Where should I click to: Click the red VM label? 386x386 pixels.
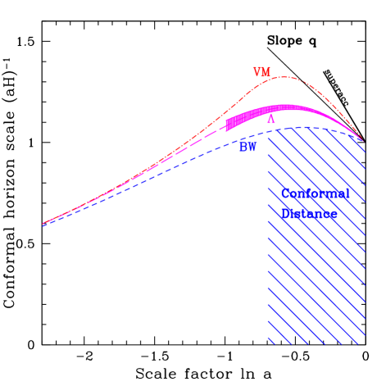[261, 73]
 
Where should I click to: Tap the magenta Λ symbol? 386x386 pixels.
[271, 120]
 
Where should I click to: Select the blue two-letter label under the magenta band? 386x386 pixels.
[247, 148]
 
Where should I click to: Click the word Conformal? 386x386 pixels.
[315, 194]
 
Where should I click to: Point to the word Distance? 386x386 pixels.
[308, 214]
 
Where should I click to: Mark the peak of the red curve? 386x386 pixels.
[282, 77]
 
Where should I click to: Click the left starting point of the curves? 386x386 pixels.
[43, 223]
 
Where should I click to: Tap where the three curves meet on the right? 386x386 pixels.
[363, 139]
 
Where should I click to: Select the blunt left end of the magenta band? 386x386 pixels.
[227, 125]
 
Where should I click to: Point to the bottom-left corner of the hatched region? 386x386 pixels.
[268, 344]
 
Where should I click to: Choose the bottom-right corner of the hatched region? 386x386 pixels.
[364, 344]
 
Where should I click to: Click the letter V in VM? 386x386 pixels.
[257, 73]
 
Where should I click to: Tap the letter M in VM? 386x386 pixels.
[266, 73]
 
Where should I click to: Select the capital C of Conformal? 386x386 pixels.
[285, 194]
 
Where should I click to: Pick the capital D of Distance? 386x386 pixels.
[285, 214]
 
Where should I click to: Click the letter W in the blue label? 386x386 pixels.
[252, 148]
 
